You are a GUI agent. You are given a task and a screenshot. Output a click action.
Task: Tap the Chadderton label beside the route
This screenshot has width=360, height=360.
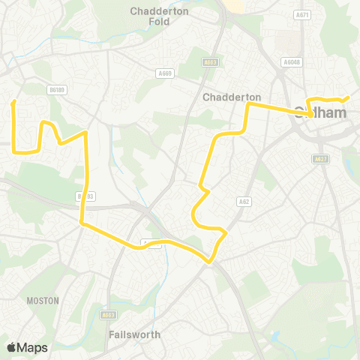pyautogui.click(x=232, y=97)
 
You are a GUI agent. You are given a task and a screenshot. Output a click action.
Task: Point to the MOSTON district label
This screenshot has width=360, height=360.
pyautogui.click(x=42, y=300)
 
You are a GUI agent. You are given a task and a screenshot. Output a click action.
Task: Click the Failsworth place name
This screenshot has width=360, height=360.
pyautogui.click(x=134, y=334)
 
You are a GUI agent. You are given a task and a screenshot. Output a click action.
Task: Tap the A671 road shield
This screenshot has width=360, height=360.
pyautogui.click(x=302, y=14)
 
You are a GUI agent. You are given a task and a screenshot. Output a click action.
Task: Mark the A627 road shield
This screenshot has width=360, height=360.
pyautogui.click(x=321, y=158)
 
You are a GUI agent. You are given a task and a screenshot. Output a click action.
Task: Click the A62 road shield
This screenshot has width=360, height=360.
pyautogui.click(x=243, y=202)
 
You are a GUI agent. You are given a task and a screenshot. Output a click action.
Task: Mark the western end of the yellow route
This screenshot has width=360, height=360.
pyautogui.click(x=13, y=102)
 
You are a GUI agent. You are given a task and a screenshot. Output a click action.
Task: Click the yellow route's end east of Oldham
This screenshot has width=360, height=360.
pyautogui.click(x=349, y=97)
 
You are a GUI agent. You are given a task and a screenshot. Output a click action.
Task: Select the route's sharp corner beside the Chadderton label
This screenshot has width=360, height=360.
pyautogui.click(x=249, y=106)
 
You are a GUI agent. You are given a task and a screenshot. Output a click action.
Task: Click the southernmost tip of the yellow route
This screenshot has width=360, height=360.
pyautogui.click(x=209, y=261)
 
